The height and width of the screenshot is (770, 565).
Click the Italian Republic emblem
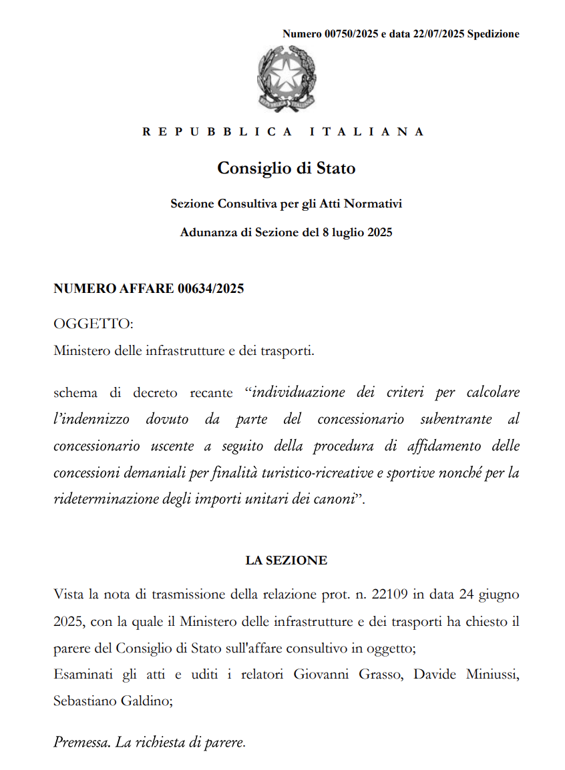click(x=287, y=79)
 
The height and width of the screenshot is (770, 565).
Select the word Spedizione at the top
click(x=494, y=34)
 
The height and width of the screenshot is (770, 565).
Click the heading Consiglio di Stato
click(x=286, y=168)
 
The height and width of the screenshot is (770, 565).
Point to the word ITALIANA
click(x=367, y=131)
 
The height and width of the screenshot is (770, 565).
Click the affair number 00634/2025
click(x=211, y=289)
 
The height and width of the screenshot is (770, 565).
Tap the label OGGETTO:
click(x=93, y=324)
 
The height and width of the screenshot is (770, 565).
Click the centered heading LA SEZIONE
click(x=286, y=560)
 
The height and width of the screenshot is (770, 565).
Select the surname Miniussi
click(x=493, y=674)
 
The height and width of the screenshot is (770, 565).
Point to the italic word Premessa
click(x=81, y=741)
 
